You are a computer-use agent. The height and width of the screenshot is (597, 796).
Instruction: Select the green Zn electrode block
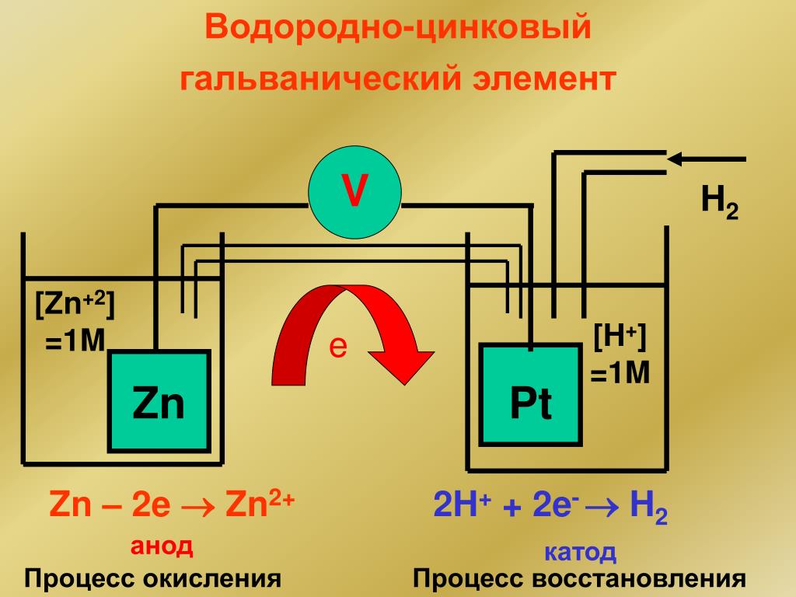point(159,401)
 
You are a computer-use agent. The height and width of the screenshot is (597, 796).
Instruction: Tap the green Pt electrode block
point(531,394)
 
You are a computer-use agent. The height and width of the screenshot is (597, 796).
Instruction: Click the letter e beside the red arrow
point(337,347)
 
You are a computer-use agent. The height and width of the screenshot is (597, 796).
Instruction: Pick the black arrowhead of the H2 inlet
point(676,159)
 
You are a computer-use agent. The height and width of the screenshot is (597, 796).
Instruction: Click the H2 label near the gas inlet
point(719,203)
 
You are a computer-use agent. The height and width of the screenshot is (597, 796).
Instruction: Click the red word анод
point(161,546)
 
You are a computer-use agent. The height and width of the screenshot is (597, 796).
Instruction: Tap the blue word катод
point(580,553)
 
